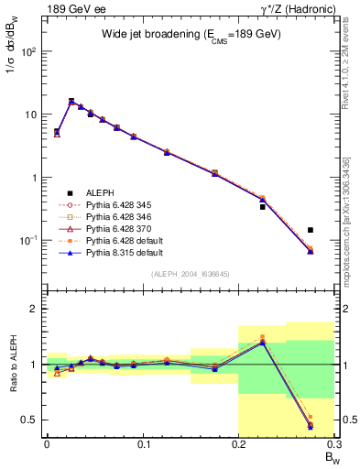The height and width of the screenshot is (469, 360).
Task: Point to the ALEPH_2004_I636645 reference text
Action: coord(191,275)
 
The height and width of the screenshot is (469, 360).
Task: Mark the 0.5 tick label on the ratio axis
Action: coord(32,420)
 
